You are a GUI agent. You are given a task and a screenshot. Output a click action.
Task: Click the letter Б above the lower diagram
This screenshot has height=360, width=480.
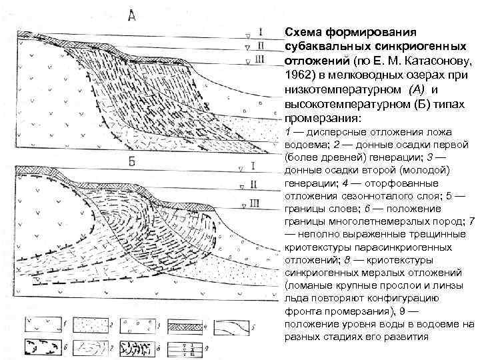(132, 162)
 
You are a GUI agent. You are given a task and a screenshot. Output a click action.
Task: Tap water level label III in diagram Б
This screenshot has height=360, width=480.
(257, 203)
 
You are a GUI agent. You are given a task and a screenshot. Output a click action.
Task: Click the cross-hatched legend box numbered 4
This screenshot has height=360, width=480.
(189, 324)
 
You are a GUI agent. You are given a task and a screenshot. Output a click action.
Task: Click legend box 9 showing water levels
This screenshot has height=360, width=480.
(189, 347)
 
